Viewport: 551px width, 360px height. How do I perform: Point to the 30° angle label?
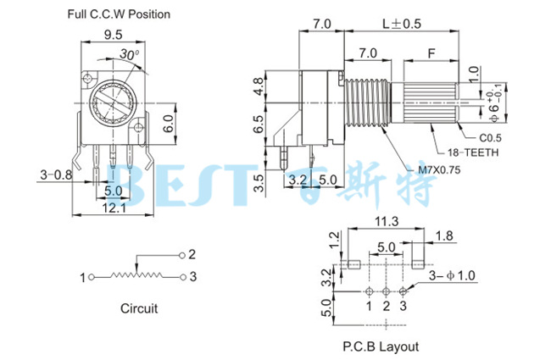tap(130, 53)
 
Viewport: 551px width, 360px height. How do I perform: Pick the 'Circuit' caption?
tap(138, 308)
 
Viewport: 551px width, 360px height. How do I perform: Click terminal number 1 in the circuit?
tap(83, 277)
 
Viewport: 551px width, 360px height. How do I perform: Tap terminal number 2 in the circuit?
tap(192, 254)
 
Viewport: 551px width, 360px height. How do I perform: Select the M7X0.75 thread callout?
tap(440, 169)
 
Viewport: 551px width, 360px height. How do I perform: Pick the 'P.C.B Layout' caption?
tap(381, 346)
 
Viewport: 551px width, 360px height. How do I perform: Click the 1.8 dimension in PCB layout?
tap(443, 235)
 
